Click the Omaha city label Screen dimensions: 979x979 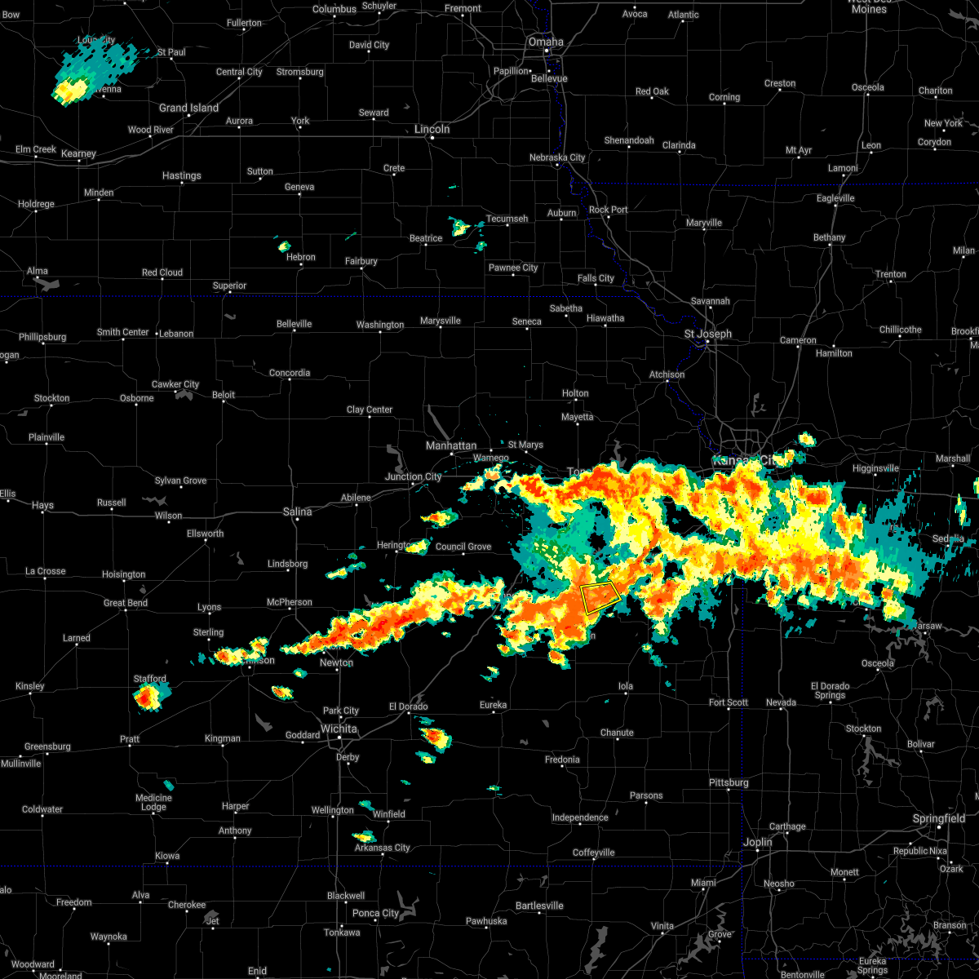click(546, 42)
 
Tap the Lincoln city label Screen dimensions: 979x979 click(432, 129)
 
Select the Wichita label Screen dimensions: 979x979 click(339, 729)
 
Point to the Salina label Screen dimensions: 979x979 click(298, 512)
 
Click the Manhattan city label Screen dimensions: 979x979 click(451, 446)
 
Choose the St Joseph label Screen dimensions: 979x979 click(707, 334)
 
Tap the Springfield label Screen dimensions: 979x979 click(938, 818)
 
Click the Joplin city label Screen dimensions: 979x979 click(758, 842)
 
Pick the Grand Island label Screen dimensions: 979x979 click(188, 108)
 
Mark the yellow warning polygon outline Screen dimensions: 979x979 click(600, 598)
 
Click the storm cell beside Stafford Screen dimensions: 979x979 click(148, 696)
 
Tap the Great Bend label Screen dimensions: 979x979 click(126, 603)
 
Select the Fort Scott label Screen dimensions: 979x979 click(729, 702)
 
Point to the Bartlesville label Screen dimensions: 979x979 click(539, 906)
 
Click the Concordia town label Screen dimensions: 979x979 click(290, 373)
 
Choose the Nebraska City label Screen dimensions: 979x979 click(557, 157)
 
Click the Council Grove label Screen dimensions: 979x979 click(463, 547)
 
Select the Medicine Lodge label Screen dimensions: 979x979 click(153, 803)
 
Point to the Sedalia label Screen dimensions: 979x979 click(948, 538)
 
